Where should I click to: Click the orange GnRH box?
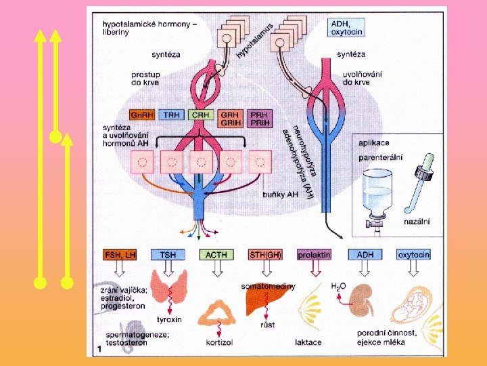click(141, 115)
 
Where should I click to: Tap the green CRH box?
click(201, 115)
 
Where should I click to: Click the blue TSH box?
click(168, 255)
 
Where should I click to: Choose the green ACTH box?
click(216, 255)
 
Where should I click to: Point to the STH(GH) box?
click(265, 255)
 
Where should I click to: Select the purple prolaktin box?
click(314, 255)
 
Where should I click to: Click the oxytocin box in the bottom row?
click(413, 255)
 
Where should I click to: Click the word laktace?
click(308, 342)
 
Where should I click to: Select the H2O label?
click(338, 287)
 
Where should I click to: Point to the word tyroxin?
click(168, 319)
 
